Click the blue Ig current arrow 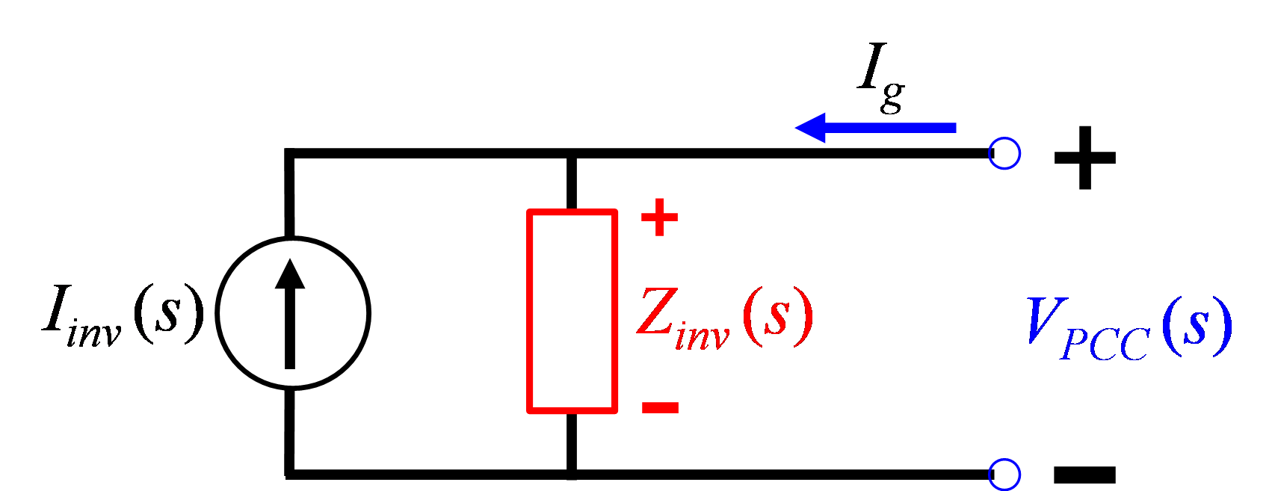[875, 128]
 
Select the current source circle [218, 313]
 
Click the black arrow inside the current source [290, 314]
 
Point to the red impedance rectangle [529, 311]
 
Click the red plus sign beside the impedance [660, 217]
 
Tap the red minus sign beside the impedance [660, 407]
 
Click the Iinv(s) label [123, 315]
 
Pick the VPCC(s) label [1130, 328]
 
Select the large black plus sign [1085, 158]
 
